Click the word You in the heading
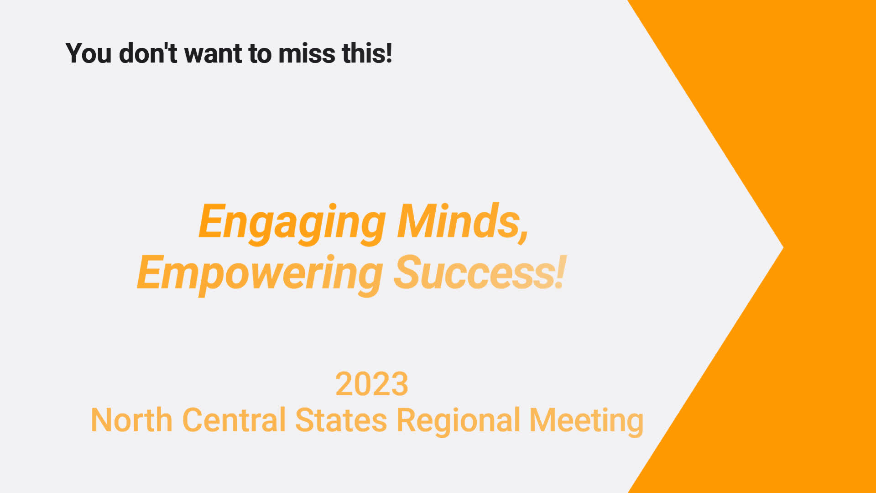pos(89,53)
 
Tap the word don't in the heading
pos(148,53)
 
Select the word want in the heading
pos(213,54)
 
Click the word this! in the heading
pos(367,53)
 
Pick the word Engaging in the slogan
pos(292,224)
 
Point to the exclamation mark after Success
pos(561,272)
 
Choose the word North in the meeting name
pos(132,420)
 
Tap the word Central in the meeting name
pos(234,420)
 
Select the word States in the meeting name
pos(341,420)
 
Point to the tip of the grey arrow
pos(783,248)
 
